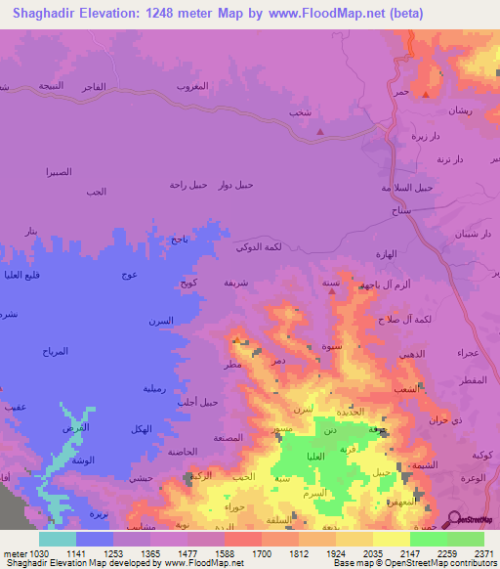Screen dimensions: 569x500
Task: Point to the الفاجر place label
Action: (92, 87)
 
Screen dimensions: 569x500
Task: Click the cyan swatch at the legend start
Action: (58, 538)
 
